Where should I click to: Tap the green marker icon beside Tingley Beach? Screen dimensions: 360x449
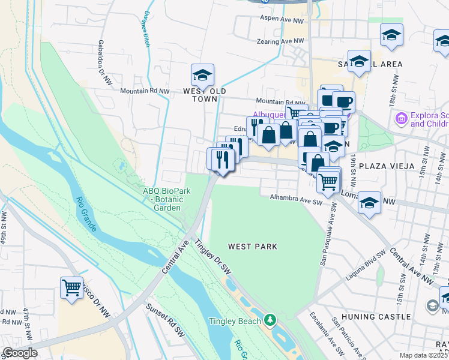271,318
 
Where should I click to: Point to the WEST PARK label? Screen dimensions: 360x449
252,247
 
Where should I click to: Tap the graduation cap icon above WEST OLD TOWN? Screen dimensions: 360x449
202,76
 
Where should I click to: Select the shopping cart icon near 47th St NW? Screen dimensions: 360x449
71,288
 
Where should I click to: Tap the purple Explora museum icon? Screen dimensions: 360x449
401,119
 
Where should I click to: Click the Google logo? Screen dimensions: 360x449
20,353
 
